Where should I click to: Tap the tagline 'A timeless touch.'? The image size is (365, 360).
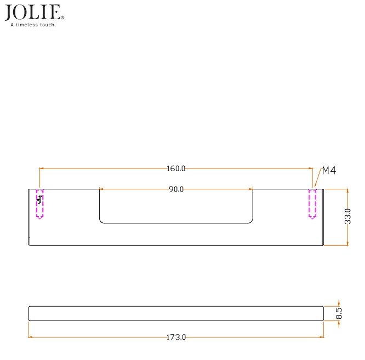click(33, 25)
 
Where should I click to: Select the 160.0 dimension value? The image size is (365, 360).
click(176, 168)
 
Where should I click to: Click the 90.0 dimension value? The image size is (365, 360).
click(176, 189)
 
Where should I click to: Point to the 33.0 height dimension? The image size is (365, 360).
click(347, 217)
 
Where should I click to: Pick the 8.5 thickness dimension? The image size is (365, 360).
click(339, 313)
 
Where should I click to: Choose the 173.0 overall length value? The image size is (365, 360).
click(176, 337)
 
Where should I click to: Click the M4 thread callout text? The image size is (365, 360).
click(328, 171)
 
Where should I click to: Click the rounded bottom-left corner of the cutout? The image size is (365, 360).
click(101, 221)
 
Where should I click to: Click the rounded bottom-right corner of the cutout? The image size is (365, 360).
click(251, 221)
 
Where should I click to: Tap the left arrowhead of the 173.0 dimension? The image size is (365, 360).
click(31, 337)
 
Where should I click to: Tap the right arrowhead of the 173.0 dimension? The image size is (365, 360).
click(322, 337)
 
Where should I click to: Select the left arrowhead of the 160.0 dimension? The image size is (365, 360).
click(42, 168)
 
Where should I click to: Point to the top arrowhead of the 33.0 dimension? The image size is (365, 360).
click(347, 191)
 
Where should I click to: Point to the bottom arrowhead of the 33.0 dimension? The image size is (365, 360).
click(347, 243)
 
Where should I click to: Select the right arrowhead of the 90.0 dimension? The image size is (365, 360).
click(251, 189)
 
